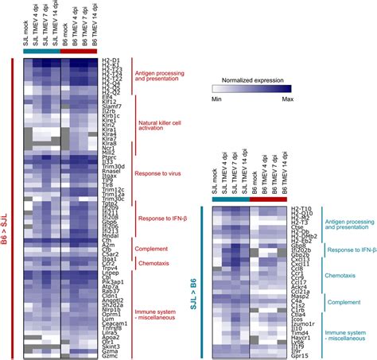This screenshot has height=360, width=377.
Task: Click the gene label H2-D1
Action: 112,60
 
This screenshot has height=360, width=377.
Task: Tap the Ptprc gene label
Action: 112,158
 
